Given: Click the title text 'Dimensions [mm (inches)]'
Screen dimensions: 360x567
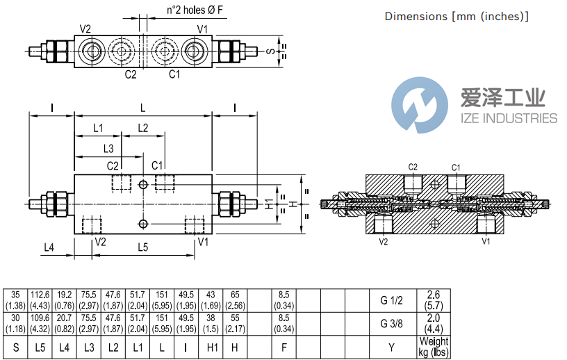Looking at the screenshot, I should pyautogui.click(x=457, y=16).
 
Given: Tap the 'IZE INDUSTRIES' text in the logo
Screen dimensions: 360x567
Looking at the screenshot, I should pyautogui.click(x=509, y=118).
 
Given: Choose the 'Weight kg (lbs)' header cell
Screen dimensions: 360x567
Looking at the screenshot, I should pyautogui.click(x=434, y=346).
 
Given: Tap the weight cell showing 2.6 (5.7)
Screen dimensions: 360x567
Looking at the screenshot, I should pyautogui.click(x=434, y=300).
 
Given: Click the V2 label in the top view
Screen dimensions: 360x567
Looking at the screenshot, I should pyautogui.click(x=85, y=28).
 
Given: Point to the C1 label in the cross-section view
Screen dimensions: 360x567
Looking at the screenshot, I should pyautogui.click(x=456, y=167).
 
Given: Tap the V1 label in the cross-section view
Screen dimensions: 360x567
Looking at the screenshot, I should pyautogui.click(x=486, y=242).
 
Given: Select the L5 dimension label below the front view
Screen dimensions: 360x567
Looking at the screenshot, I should pyautogui.click(x=142, y=246).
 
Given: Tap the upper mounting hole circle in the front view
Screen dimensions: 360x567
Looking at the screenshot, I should pyautogui.click(x=142, y=184).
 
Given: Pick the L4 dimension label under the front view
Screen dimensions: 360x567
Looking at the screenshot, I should pyautogui.click(x=49, y=246).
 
